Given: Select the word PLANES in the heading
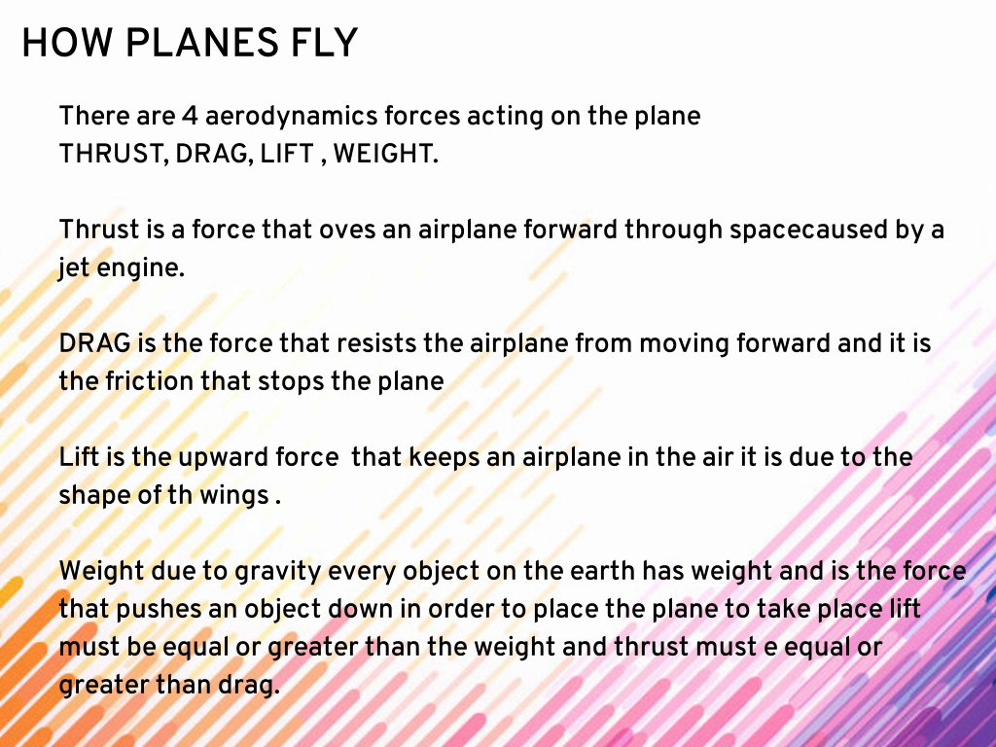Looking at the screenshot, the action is (201, 43).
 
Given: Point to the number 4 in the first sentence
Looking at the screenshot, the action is (190, 117).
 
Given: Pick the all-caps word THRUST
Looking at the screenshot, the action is (114, 155).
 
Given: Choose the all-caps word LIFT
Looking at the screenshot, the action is (287, 154).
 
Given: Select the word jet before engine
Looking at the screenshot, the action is (74, 268).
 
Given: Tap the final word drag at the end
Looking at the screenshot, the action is (249, 686).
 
